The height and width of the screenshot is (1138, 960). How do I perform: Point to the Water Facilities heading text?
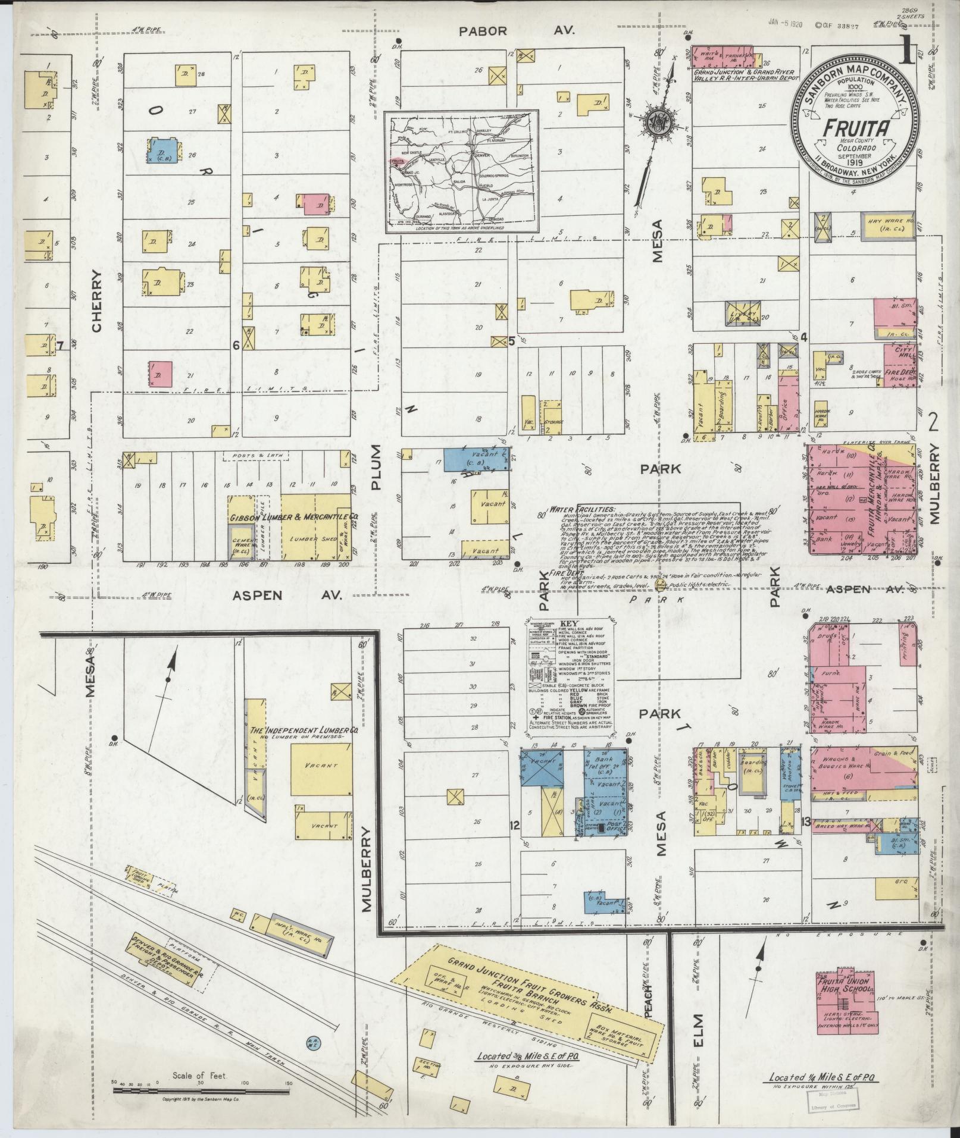pyautogui.click(x=574, y=509)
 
